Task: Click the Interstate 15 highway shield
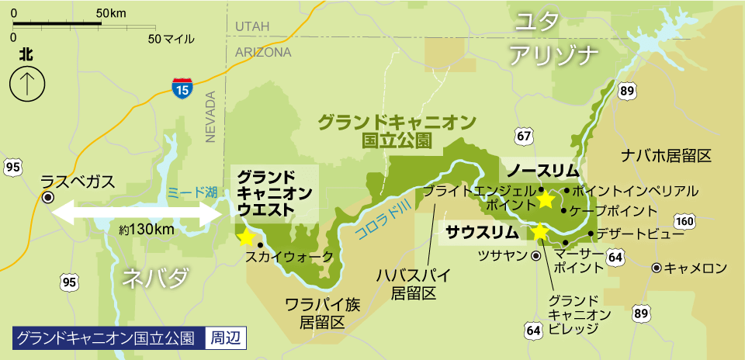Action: tap(182, 88)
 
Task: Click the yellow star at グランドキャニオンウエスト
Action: tap(246, 236)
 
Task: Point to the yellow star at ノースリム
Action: tap(546, 199)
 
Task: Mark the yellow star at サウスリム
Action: tap(539, 231)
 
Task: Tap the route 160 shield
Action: tap(684, 222)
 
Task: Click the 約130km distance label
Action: tap(147, 230)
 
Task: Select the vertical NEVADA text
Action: tap(210, 117)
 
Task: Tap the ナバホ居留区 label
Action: tap(667, 156)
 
